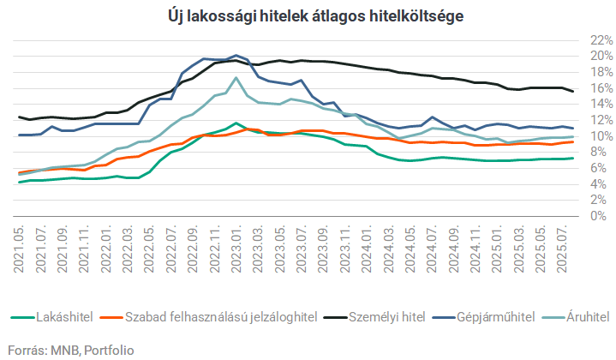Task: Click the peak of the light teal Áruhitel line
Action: pos(236,78)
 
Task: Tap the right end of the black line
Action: pos(573,91)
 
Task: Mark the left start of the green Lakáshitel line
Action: pos(19,182)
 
